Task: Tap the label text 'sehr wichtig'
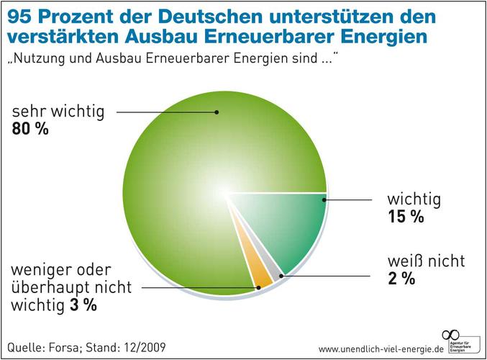pyautogui.click(x=58, y=112)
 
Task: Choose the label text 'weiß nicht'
pyautogui.click(x=427, y=261)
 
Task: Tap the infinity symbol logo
pyautogui.click(x=451, y=333)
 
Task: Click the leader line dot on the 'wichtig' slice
pyautogui.click(x=324, y=199)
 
